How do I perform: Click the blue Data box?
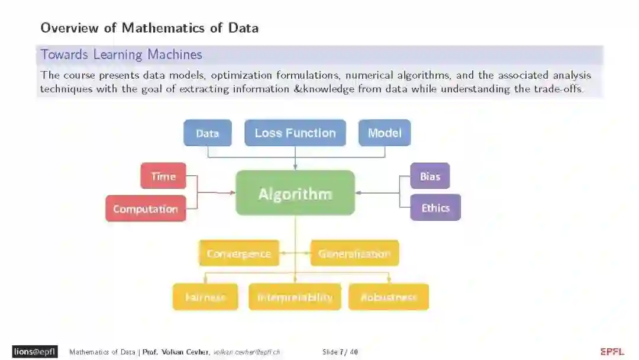(x=207, y=133)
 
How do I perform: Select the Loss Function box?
(x=295, y=133)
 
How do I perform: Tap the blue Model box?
(x=385, y=133)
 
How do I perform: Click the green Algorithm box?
(x=295, y=193)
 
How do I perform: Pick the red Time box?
(x=163, y=176)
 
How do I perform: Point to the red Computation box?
(x=145, y=208)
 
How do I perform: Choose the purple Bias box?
(x=430, y=176)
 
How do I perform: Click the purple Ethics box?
(x=435, y=208)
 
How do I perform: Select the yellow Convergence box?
(x=238, y=253)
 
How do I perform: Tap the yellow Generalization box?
(x=354, y=253)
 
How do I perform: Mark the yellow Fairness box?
(x=205, y=297)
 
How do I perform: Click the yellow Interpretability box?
(x=295, y=297)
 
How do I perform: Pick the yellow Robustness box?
(x=388, y=297)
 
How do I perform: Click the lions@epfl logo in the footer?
(x=35, y=352)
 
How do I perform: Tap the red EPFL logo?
(x=612, y=352)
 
